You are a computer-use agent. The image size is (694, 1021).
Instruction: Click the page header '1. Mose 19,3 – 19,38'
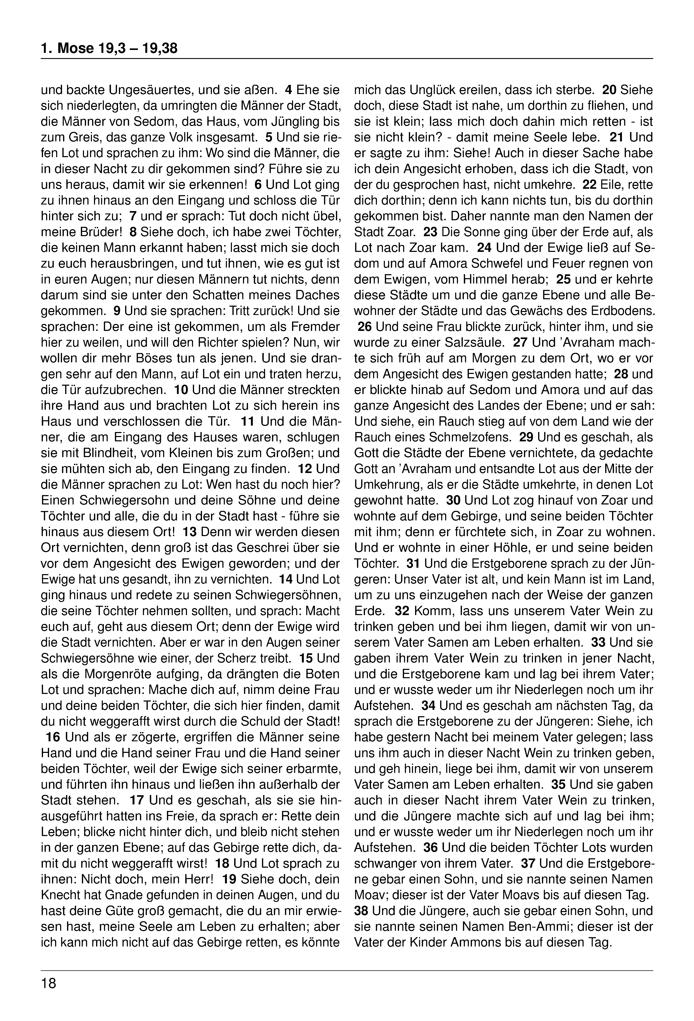pos(109,48)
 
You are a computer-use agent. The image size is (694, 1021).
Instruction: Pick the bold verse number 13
pos(190,532)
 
